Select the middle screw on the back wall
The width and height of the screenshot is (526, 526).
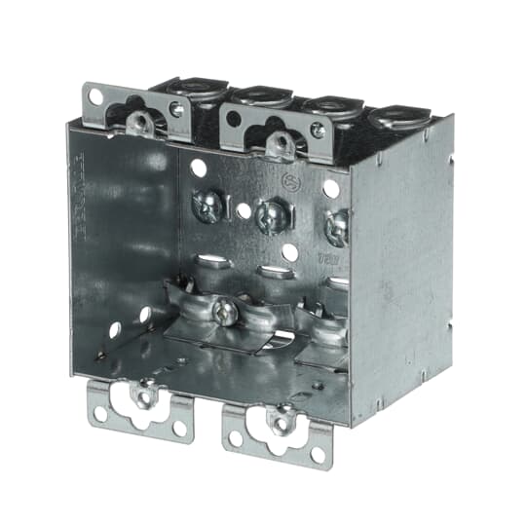(x=269, y=214)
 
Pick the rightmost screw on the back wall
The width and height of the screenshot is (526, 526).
(x=337, y=226)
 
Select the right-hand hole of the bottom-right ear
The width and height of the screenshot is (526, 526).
(x=318, y=453)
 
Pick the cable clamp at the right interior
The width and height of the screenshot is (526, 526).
(x=321, y=321)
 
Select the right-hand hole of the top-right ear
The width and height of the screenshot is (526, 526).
(x=318, y=129)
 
